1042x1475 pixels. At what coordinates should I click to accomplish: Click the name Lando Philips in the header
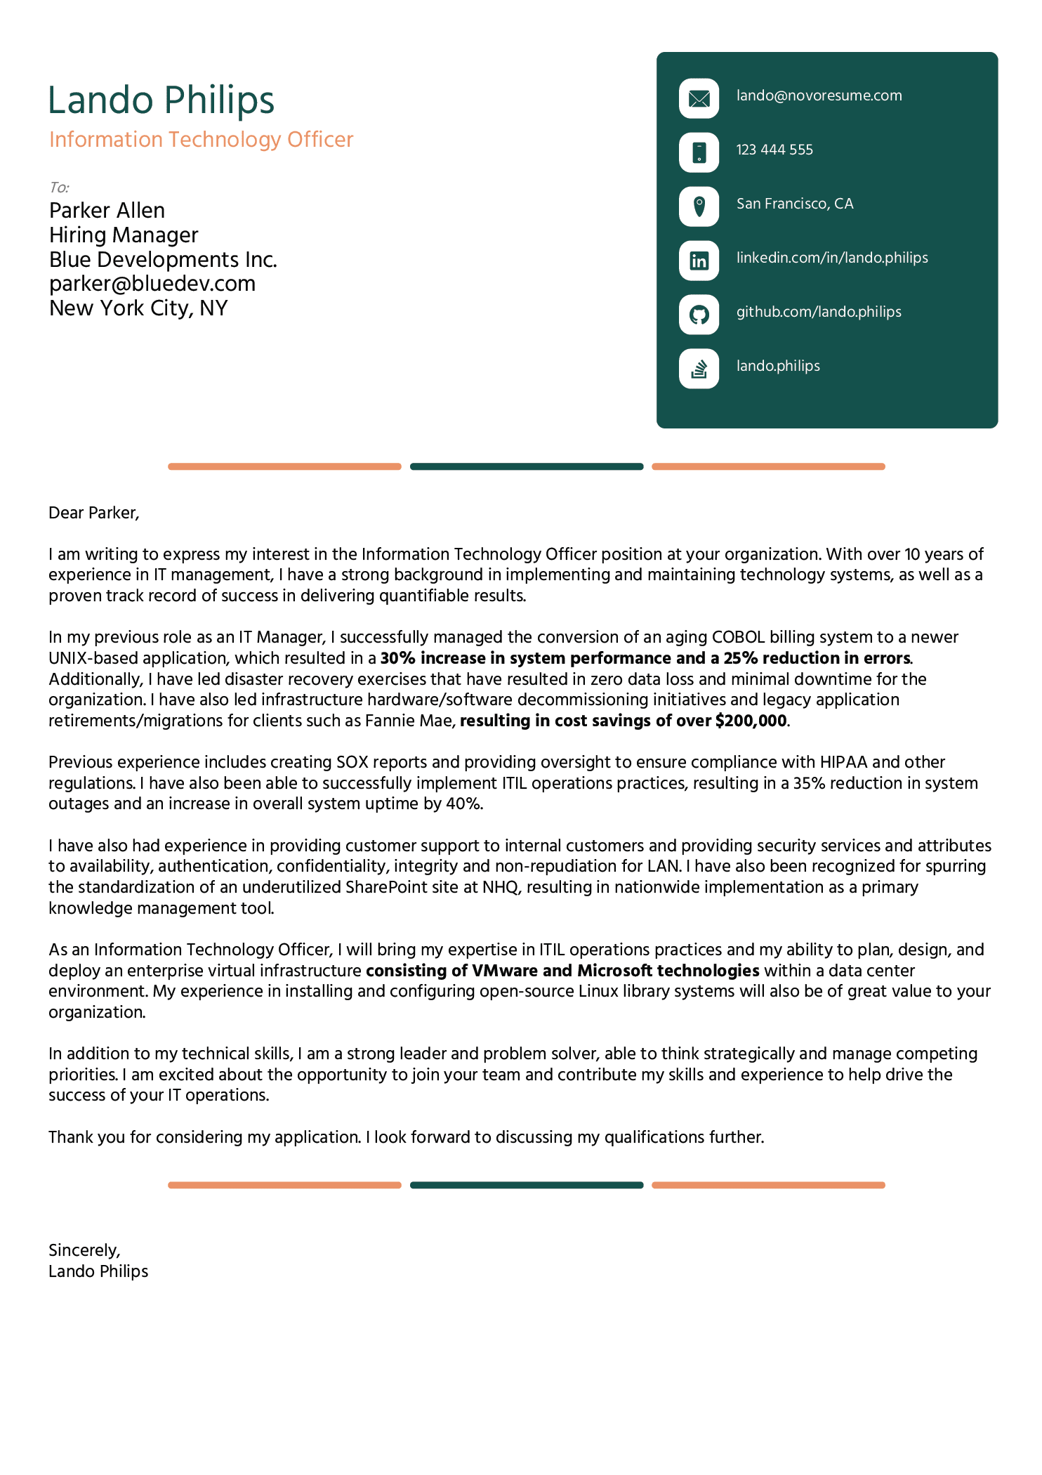161,100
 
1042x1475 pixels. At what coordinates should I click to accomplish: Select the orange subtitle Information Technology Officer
201,139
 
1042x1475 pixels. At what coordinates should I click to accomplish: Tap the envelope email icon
699,98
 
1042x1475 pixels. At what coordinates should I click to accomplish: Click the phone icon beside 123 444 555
699,152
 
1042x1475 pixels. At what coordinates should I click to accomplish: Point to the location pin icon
699,206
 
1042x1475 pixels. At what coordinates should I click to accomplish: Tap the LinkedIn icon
699,261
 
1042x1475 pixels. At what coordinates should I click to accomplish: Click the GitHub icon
699,315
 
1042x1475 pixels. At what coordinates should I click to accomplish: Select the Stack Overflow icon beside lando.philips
699,369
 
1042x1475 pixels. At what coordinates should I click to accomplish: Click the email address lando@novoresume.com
819,96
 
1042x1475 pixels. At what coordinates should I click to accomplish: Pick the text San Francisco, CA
794,204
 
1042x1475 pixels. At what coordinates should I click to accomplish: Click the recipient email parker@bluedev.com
152,284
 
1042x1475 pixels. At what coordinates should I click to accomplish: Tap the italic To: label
59,188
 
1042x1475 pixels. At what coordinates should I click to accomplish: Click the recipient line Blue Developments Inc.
163,260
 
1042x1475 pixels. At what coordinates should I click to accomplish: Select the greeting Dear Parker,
94,513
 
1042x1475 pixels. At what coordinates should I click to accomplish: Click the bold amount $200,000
751,721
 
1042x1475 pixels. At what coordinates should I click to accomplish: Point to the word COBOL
738,637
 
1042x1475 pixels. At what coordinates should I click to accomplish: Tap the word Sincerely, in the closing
84,1250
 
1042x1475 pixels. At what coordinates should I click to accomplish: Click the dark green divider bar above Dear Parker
527,466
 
